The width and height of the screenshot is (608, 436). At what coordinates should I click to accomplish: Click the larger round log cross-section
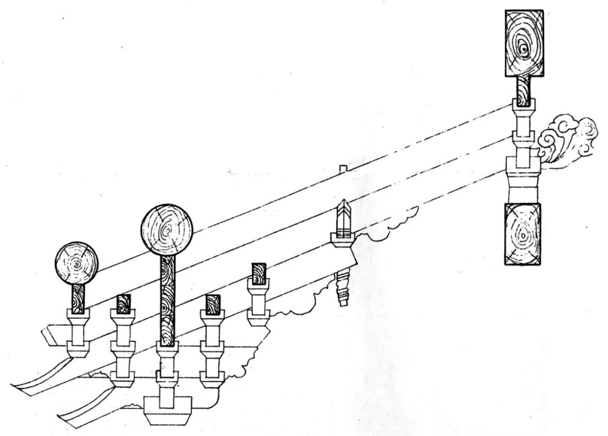[167, 230]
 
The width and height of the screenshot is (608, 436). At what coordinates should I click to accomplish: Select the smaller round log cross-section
[77, 263]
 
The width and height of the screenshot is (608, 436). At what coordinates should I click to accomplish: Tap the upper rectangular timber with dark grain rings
[524, 43]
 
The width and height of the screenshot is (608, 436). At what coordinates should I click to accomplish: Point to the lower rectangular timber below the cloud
[523, 233]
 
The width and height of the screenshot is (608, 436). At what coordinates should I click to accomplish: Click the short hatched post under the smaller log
[78, 298]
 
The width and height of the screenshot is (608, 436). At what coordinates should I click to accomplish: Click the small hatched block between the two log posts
[123, 304]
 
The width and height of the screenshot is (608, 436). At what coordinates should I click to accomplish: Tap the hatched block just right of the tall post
[212, 304]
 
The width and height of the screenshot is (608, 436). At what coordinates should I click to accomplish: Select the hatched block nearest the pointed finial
[258, 273]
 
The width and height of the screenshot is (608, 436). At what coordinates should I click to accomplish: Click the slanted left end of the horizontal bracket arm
[50, 336]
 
